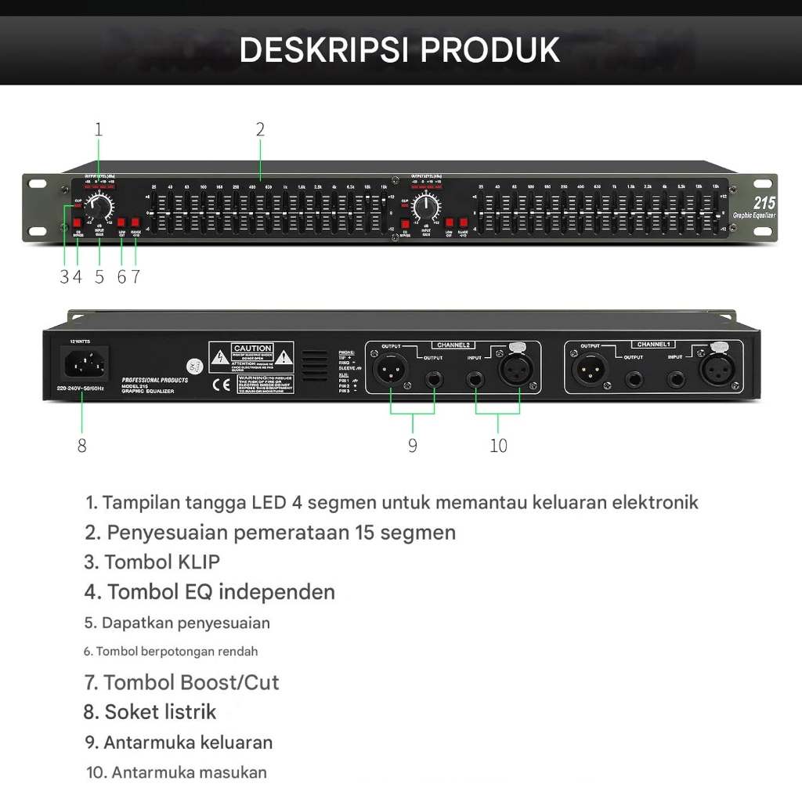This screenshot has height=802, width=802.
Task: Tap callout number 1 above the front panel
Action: (99, 130)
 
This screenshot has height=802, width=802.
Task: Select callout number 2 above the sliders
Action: (260, 130)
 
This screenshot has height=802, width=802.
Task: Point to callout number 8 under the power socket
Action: (82, 446)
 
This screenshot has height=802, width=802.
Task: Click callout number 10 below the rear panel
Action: (498, 446)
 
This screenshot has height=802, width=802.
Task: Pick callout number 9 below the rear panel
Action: (413, 446)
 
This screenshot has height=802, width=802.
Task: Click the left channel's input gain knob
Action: (100, 208)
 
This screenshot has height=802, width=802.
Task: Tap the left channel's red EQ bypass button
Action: (78, 222)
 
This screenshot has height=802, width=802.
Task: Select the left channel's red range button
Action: (135, 222)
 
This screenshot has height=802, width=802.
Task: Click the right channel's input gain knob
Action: (426, 208)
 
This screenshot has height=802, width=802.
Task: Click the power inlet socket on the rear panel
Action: (81, 363)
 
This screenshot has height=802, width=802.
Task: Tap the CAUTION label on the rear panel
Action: (251, 349)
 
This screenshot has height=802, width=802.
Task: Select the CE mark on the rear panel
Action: (220, 385)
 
